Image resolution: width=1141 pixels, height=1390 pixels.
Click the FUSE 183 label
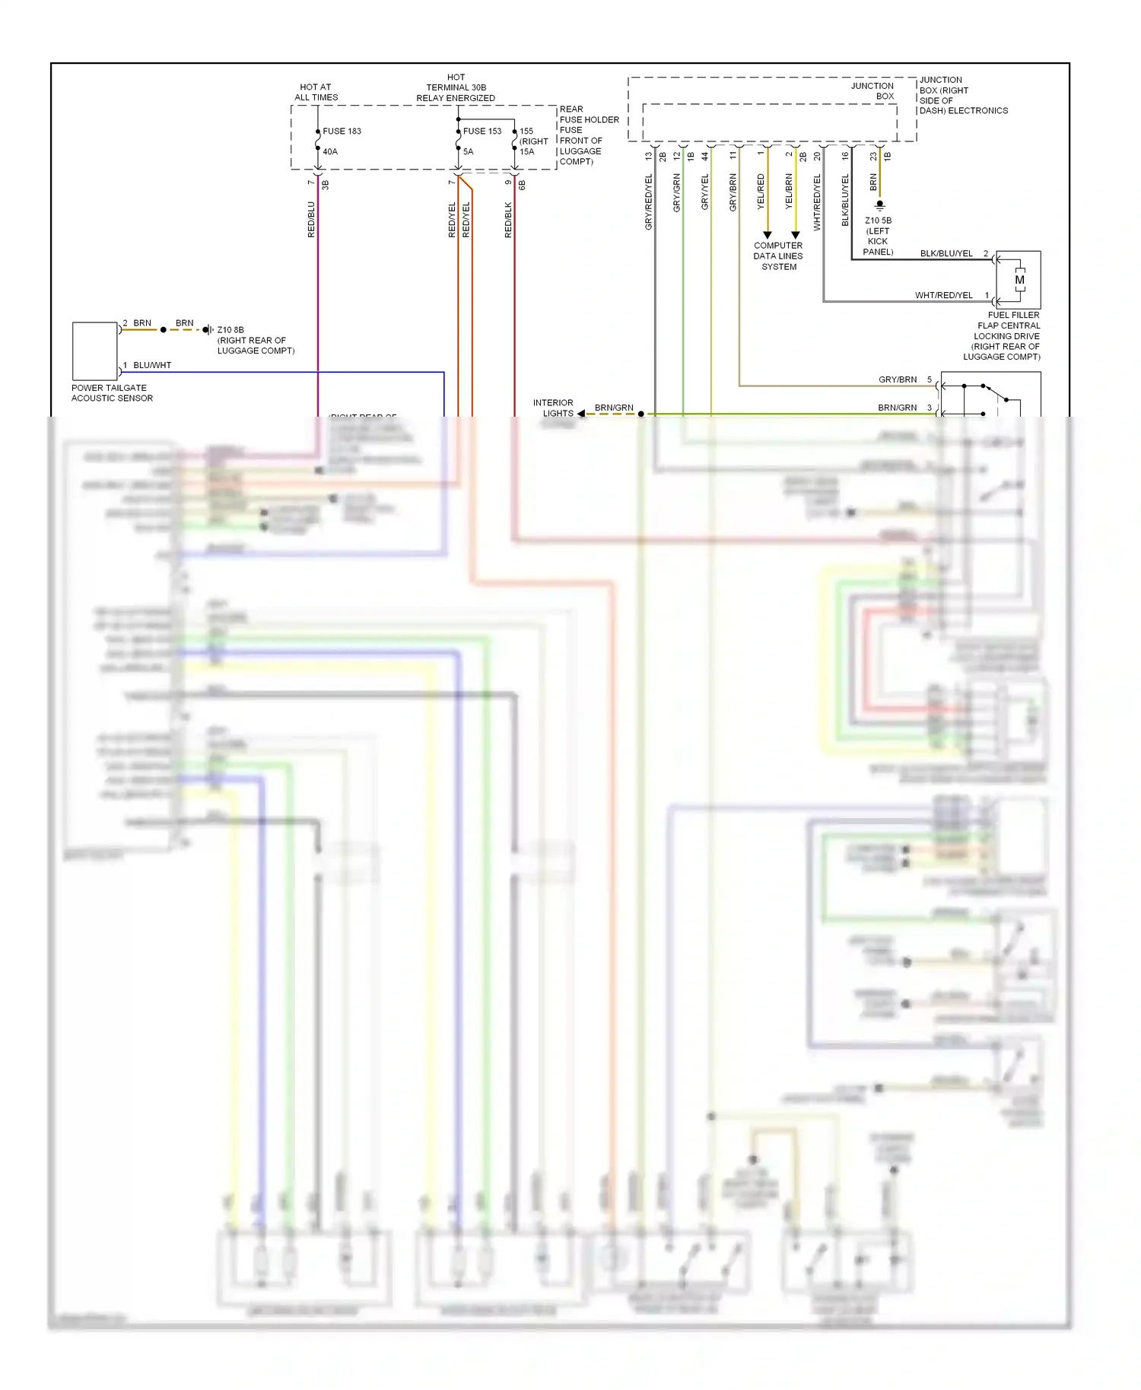coord(342,131)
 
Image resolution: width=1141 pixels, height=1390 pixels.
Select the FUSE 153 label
coord(482,131)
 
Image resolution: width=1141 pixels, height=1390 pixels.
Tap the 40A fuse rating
coord(330,151)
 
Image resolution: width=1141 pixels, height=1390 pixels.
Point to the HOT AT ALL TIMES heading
coord(316,92)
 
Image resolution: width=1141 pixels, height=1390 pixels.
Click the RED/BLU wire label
coord(311,219)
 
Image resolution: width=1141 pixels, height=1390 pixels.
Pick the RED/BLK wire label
coord(508,220)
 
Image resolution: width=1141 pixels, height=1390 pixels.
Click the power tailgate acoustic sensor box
coord(95,351)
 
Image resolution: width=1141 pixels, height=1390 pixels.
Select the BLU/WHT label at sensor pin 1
coord(152,365)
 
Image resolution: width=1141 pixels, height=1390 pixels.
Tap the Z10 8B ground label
coord(230,330)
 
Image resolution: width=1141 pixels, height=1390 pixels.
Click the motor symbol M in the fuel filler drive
coord(1019,280)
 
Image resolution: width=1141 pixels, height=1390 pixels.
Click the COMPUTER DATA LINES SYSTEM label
coord(778,256)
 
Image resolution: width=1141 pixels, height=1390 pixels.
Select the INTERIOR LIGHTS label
coord(553,408)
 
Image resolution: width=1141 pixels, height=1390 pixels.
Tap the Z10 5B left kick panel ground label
coord(878,236)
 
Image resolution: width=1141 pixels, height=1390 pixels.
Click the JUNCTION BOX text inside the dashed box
coord(872,90)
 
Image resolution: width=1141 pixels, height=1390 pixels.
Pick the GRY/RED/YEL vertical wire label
coord(649,202)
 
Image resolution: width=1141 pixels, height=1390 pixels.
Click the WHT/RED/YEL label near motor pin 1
coord(943,295)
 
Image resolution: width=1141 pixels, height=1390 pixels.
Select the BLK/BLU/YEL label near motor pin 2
coord(946,253)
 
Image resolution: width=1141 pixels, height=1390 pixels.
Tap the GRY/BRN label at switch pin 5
coord(898,379)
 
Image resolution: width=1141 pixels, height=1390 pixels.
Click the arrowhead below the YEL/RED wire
coord(767,235)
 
